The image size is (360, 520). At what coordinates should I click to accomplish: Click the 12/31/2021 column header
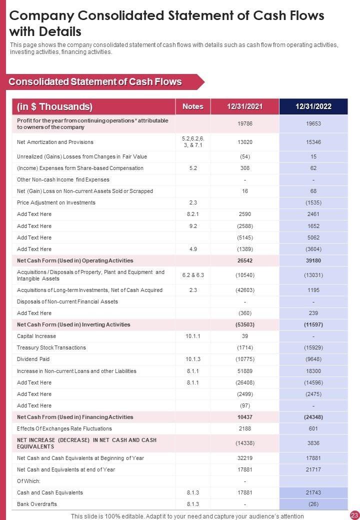point(245,106)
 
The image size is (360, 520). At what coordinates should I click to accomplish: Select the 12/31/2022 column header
point(313,106)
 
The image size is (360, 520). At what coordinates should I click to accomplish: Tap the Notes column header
point(193,106)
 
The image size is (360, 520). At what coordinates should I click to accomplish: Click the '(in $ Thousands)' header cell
point(54,106)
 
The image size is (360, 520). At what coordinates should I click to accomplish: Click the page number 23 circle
point(354,515)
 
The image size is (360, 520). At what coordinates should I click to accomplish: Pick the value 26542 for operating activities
point(245,260)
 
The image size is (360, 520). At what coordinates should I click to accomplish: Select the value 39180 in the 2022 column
point(313,260)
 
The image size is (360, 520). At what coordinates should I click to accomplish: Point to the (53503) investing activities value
point(245,324)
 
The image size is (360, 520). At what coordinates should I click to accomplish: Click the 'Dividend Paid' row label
point(33,359)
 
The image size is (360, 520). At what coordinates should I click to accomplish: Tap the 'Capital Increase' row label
point(36,336)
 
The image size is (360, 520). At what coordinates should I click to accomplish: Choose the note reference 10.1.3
point(193,359)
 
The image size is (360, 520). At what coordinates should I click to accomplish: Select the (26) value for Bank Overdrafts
point(313,504)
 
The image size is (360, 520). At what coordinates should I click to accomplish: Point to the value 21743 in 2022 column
point(313,492)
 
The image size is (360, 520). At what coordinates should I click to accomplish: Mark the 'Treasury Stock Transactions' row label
point(51,347)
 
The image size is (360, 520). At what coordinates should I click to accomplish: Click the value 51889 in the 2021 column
point(245,371)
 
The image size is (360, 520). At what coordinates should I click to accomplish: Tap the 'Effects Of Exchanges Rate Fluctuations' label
point(64,428)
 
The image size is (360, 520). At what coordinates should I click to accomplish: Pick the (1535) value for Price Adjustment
point(313,202)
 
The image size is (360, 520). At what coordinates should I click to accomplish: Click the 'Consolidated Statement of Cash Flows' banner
point(95,82)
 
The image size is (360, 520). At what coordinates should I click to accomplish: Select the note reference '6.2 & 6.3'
point(193,275)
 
